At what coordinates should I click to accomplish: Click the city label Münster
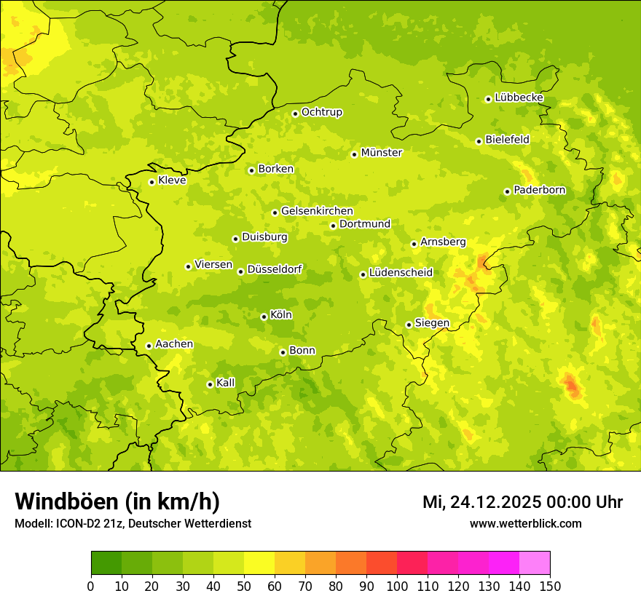click(x=382, y=153)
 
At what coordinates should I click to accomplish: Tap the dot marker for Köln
click(x=264, y=317)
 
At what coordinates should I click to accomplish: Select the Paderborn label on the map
click(x=539, y=190)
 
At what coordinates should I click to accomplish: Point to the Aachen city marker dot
click(x=149, y=346)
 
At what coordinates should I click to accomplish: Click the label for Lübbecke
click(x=519, y=98)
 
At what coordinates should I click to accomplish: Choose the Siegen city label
click(x=432, y=323)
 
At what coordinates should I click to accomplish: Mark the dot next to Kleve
click(x=152, y=182)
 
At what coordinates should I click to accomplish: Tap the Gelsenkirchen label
click(x=317, y=211)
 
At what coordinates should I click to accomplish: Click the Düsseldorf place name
click(x=275, y=269)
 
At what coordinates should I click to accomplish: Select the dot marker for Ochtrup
click(x=295, y=114)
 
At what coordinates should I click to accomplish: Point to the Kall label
click(x=226, y=383)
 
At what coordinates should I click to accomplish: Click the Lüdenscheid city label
click(x=401, y=273)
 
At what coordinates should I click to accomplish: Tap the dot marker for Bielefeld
click(x=479, y=141)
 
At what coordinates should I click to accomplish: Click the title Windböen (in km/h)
click(x=117, y=501)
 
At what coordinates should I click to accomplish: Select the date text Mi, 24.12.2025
click(x=484, y=502)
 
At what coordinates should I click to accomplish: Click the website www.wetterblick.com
click(x=525, y=523)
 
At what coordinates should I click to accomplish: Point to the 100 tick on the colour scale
click(x=397, y=586)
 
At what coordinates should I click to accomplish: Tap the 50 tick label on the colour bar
click(x=244, y=586)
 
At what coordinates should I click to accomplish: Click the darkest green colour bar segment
click(x=106, y=563)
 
